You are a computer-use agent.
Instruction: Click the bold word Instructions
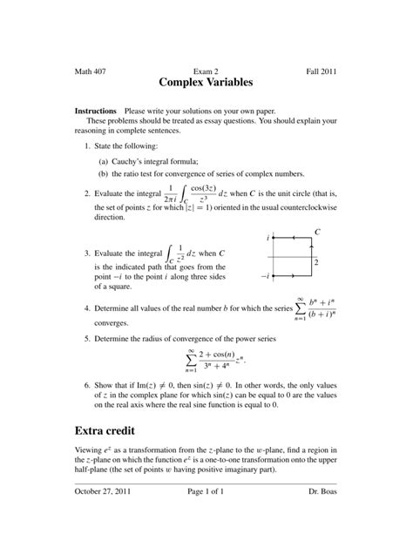click(96, 112)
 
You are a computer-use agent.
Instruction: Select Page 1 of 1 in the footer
click(206, 516)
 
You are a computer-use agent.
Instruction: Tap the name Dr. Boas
click(322, 516)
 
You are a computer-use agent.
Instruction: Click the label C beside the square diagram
click(317, 233)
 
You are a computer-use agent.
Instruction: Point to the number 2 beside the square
click(316, 261)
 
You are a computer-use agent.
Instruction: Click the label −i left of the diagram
click(264, 275)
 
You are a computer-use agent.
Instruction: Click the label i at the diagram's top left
click(267, 237)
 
